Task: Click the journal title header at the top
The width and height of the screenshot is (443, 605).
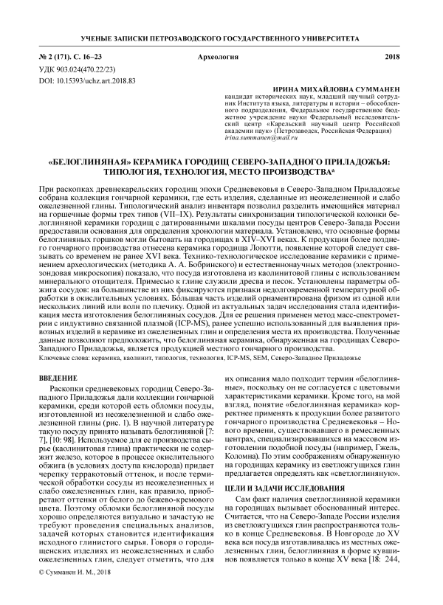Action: (x=221, y=37)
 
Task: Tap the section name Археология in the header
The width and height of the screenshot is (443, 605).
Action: (x=221, y=56)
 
